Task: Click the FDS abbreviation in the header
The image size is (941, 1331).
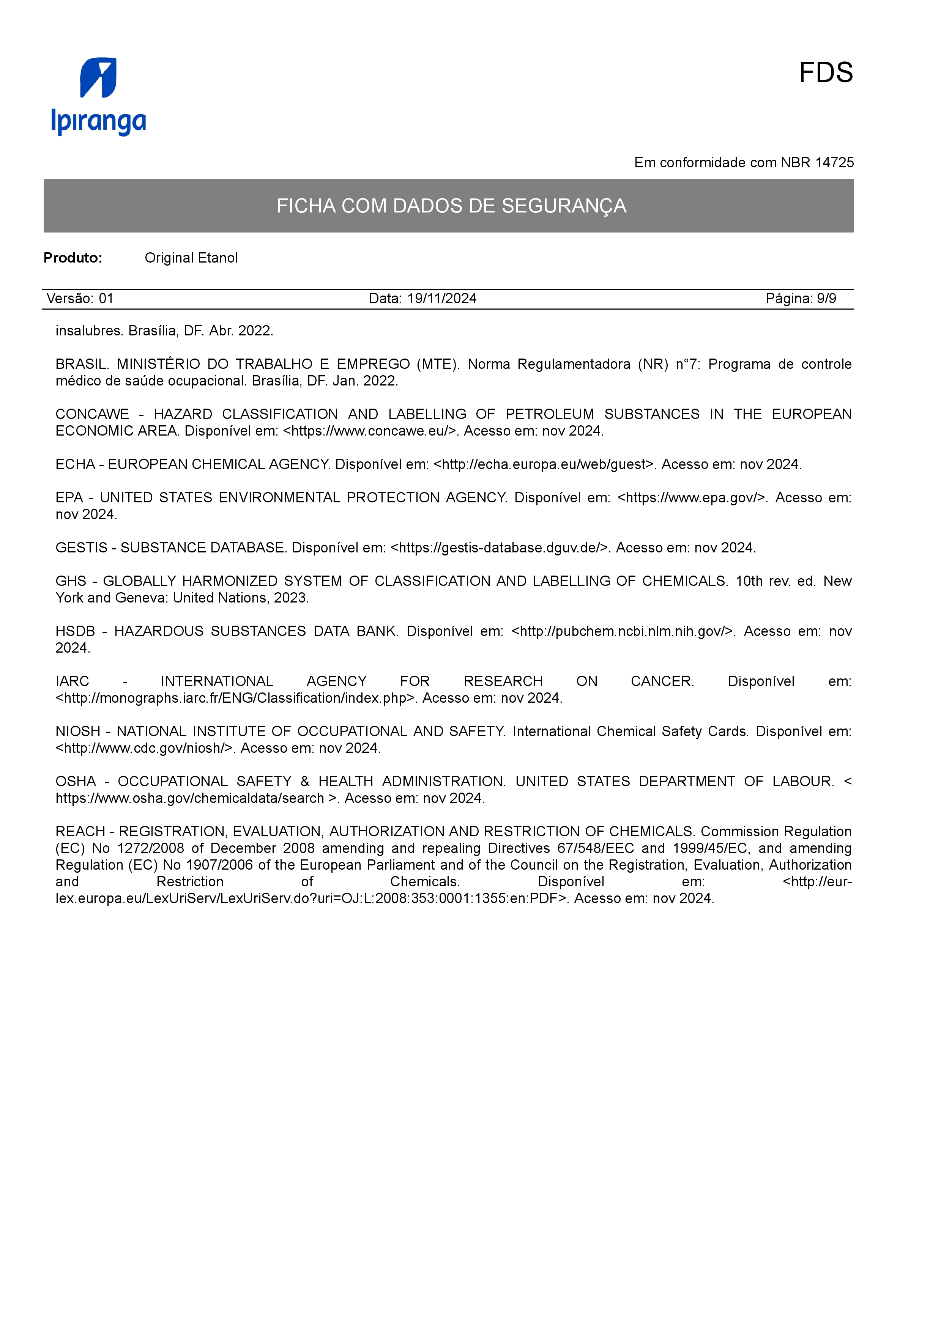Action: click(825, 73)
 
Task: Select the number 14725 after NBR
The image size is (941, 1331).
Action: click(834, 163)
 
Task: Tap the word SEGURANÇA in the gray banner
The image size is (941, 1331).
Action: click(564, 206)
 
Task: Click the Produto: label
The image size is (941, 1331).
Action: click(73, 258)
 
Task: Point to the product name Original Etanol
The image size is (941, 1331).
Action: click(191, 258)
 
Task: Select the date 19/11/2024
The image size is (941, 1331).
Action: click(442, 299)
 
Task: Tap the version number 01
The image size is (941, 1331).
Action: click(106, 299)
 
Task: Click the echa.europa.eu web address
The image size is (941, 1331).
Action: click(544, 464)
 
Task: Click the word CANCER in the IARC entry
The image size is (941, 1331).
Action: click(662, 681)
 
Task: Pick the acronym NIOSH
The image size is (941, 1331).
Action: click(78, 732)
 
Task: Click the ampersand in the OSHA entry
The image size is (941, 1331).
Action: click(305, 782)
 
